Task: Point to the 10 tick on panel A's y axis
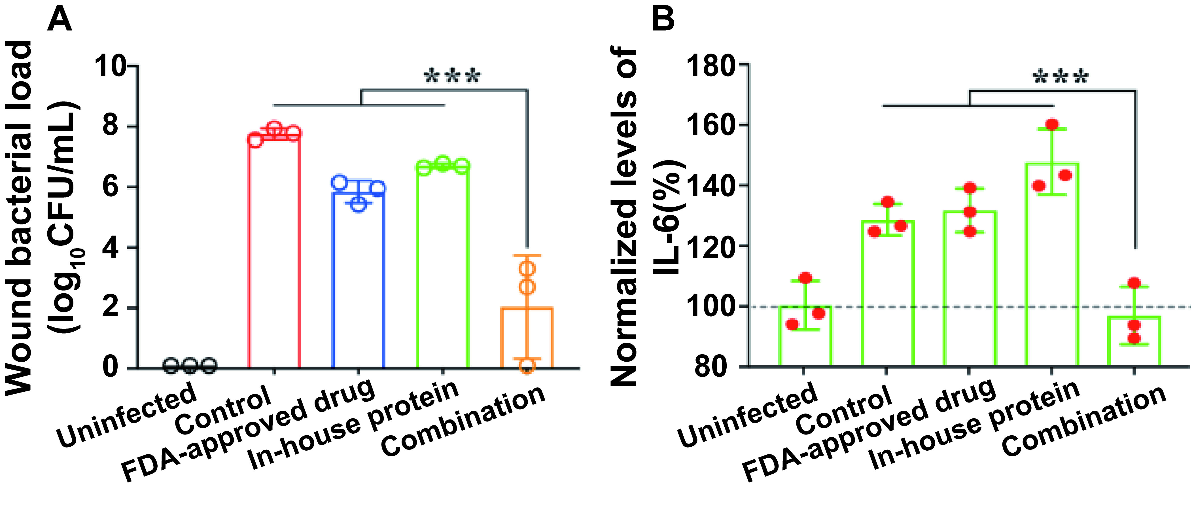111,66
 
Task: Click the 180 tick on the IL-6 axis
710,66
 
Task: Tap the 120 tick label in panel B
710,245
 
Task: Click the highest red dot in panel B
1052,124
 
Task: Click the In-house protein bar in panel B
1052,264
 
